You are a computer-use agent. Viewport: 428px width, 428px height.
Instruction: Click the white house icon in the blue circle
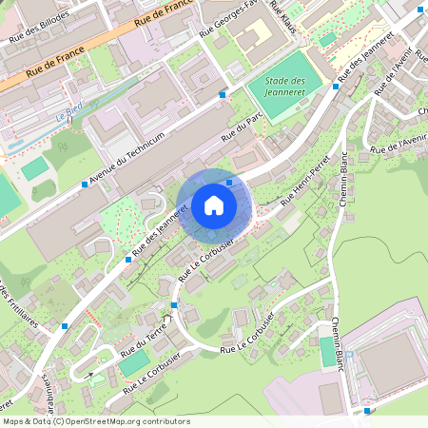[x=213, y=205]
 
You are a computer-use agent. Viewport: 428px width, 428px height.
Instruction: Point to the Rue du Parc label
[x=242, y=129]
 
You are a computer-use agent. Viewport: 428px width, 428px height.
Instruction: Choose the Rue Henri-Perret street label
[x=305, y=181]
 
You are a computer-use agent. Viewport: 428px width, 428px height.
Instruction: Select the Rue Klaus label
[x=282, y=18]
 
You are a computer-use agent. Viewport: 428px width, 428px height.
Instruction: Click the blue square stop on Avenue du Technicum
[x=85, y=185]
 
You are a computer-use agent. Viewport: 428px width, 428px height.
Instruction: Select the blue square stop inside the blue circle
[x=229, y=181]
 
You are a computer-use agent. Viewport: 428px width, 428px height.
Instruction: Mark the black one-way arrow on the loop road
[x=90, y=375]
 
